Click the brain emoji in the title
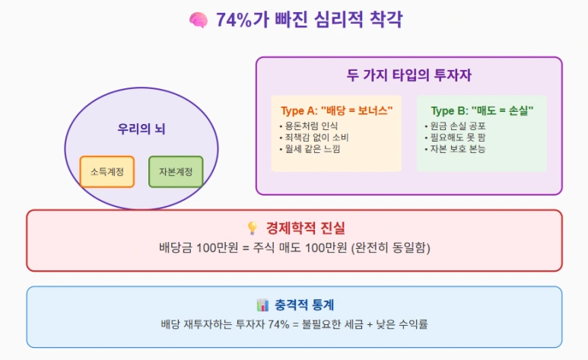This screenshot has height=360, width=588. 198,21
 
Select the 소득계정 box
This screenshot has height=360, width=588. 106,171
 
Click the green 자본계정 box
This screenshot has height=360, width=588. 176,171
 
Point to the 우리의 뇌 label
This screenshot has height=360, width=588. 141,129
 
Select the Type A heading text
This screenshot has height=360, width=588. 336,111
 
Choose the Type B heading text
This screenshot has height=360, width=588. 482,111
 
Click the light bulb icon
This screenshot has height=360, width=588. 253,228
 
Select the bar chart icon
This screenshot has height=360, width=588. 262,305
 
